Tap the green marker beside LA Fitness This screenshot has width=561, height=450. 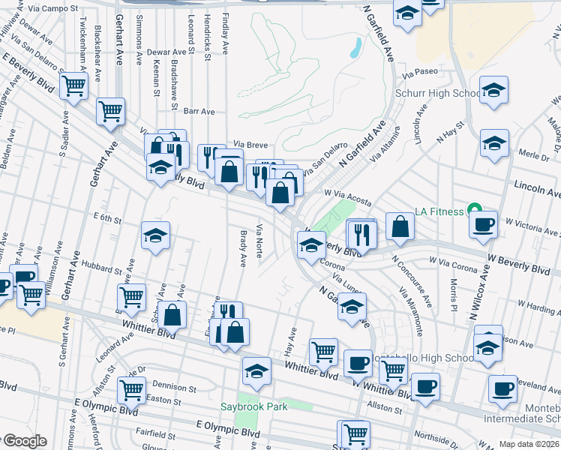pyautogui.click(x=473, y=208)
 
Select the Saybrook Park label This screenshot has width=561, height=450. pyautogui.click(x=254, y=407)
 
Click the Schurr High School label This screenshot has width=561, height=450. pyautogui.click(x=438, y=94)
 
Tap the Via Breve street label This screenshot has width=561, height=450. pyautogui.click(x=250, y=144)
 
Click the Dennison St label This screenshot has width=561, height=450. pyautogui.click(x=175, y=389)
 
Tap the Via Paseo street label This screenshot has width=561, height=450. pyautogui.click(x=419, y=73)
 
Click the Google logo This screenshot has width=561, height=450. pyautogui.click(x=24, y=441)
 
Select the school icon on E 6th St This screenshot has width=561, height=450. pyautogui.click(x=156, y=236)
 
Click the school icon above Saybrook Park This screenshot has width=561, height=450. pyautogui.click(x=256, y=371)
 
